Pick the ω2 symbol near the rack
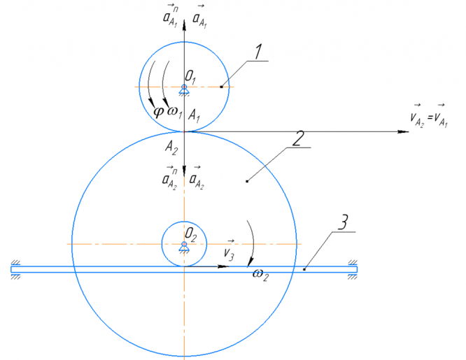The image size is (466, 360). coord(260,273)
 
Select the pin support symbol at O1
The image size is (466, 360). coord(184,89)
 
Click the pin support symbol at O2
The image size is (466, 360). coord(184,246)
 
